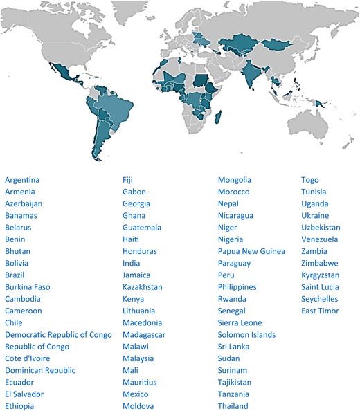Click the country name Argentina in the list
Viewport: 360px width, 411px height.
point(22,180)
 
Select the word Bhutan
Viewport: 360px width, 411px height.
point(17,251)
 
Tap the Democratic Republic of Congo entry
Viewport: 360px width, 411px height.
point(58,335)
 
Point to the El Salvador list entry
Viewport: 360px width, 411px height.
point(24,394)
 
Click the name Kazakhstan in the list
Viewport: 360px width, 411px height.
point(143,287)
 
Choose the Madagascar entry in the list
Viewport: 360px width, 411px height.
point(144,335)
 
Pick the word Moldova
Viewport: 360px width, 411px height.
point(138,406)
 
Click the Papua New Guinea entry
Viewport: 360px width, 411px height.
point(251,251)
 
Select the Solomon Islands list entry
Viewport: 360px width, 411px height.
point(246,335)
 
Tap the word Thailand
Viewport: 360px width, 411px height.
point(233,406)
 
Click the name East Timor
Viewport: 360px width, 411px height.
point(321,311)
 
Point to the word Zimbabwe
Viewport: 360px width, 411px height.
point(320,264)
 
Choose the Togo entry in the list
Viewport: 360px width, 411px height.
point(310,180)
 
